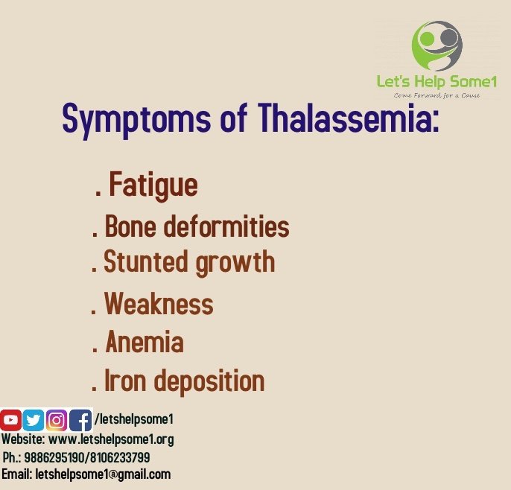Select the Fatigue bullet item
click(x=153, y=185)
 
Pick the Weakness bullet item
click(x=158, y=304)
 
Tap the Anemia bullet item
click(x=144, y=343)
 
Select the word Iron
click(x=123, y=381)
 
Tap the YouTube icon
click(x=10, y=421)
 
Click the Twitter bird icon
click(x=34, y=421)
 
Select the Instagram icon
click(x=57, y=421)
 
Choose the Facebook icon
click(x=80, y=421)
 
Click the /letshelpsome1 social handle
click(x=134, y=420)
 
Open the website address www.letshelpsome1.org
click(x=111, y=439)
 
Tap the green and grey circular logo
click(x=437, y=46)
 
